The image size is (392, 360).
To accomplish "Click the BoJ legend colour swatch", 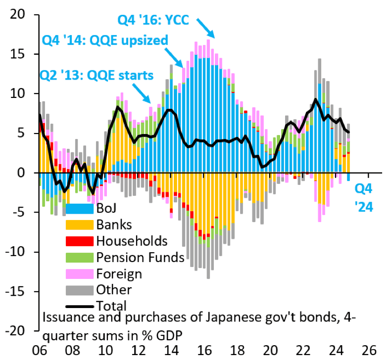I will (79, 209).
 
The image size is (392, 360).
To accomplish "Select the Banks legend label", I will (114, 225).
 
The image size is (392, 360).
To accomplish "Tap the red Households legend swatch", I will (79, 241).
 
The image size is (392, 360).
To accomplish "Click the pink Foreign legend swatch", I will (79, 273).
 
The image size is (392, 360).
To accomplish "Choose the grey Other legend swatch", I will (79, 289).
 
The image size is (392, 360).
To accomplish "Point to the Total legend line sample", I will (79, 306).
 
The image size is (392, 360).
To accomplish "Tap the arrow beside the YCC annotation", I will (205, 28).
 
